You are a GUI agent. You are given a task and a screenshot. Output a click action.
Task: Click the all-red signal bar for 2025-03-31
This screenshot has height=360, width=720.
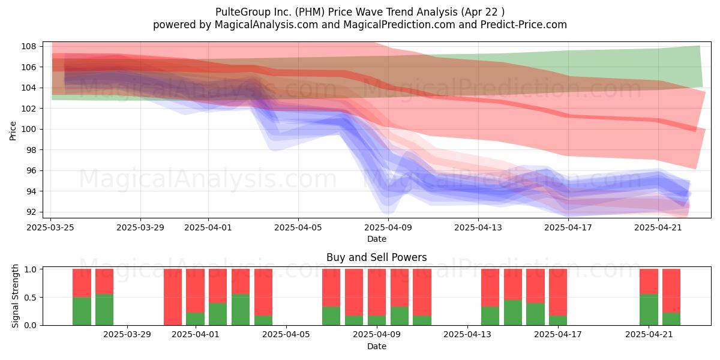pos(173,297)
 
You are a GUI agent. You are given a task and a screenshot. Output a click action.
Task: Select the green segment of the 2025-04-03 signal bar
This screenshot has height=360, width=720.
pos(241,310)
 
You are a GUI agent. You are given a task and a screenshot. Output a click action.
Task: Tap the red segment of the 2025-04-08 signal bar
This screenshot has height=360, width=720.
pos(354,292)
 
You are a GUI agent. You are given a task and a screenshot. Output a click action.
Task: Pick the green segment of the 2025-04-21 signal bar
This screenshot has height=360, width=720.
pos(649,310)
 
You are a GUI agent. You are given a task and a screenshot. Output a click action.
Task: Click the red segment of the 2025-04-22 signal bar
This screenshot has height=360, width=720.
pos(671,290)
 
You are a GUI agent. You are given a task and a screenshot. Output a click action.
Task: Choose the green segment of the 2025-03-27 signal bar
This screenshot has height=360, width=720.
pos(82,311)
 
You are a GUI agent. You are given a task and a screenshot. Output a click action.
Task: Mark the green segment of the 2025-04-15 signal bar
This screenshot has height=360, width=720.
pos(513,313)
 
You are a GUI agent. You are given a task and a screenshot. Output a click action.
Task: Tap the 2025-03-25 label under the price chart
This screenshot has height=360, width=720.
pos(50,227)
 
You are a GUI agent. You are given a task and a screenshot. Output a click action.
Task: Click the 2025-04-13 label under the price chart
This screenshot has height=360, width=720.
pos(478,227)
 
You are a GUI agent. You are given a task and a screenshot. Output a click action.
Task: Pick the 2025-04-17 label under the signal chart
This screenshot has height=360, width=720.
pos(558,335)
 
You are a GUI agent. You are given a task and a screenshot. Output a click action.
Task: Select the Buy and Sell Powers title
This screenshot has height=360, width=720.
pos(377,257)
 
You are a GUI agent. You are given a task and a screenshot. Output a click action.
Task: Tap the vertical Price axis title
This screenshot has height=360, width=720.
pos(13,131)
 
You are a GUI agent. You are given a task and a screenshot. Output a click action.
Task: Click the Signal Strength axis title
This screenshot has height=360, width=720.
pos(15,296)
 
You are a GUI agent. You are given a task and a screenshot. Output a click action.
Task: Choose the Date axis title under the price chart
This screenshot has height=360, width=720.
pos(377,239)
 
